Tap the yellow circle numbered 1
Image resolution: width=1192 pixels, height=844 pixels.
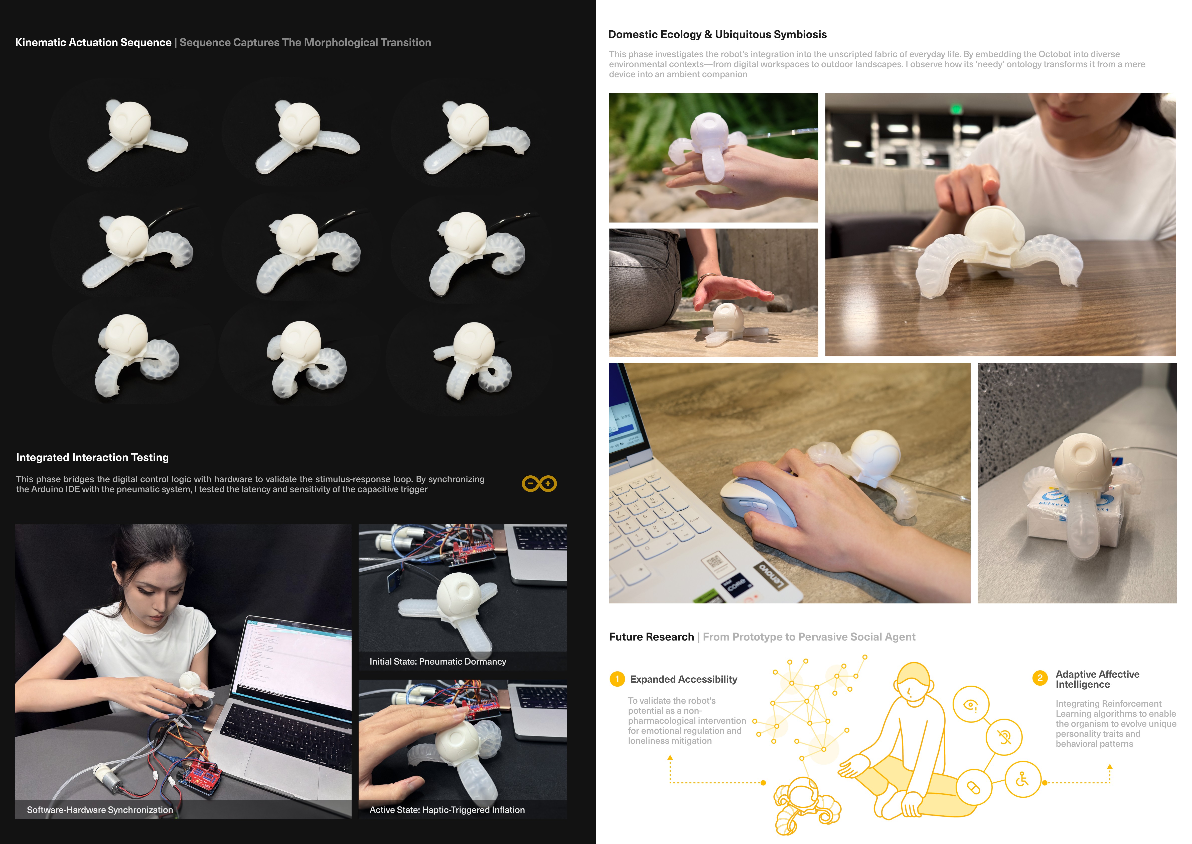[617, 679]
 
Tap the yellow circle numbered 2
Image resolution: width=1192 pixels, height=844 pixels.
[1040, 678]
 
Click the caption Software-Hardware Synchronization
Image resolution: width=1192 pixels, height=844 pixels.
[100, 810]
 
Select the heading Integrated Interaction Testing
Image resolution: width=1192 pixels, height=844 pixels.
[92, 457]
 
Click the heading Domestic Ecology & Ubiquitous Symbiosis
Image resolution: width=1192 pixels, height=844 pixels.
[717, 34]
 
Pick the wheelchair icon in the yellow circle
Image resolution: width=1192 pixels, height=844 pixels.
[1022, 780]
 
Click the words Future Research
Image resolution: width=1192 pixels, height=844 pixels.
[651, 637]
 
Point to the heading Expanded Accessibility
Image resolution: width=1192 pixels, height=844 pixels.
[683, 679]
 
